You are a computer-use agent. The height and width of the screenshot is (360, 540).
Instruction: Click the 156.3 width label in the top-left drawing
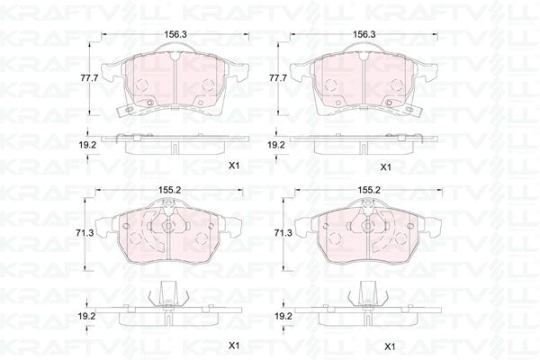click(x=167, y=33)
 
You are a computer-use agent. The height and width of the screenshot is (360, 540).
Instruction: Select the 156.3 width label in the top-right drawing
click(x=364, y=33)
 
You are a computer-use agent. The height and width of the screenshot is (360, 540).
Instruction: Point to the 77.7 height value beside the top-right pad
click(x=278, y=78)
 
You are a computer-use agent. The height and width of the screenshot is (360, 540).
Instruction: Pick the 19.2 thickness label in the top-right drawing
click(x=278, y=144)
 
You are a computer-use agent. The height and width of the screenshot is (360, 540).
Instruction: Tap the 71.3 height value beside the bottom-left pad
click(x=85, y=233)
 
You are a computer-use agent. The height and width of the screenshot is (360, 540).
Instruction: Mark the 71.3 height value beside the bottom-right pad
click(x=283, y=233)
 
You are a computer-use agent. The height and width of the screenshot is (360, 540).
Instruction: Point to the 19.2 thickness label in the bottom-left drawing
click(x=85, y=316)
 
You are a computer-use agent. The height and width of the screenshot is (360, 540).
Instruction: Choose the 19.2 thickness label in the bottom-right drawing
click(x=283, y=316)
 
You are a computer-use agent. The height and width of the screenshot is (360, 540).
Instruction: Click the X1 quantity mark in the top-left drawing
click(x=234, y=166)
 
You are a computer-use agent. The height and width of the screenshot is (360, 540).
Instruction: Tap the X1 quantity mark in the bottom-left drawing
click(x=234, y=346)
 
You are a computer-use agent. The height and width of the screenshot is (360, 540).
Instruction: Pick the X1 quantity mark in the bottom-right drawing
click(x=390, y=346)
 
